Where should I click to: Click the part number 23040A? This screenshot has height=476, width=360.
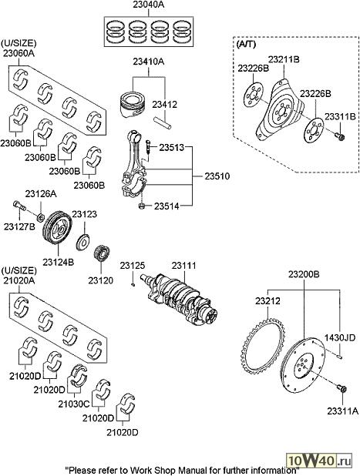(x=148, y=5)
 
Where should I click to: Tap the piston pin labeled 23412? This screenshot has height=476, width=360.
(x=163, y=123)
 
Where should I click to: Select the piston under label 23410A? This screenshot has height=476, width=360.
(x=133, y=104)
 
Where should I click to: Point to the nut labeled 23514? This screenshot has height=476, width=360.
(x=141, y=206)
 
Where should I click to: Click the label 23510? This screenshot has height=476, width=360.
(x=217, y=176)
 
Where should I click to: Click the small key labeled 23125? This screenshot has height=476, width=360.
(x=133, y=284)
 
